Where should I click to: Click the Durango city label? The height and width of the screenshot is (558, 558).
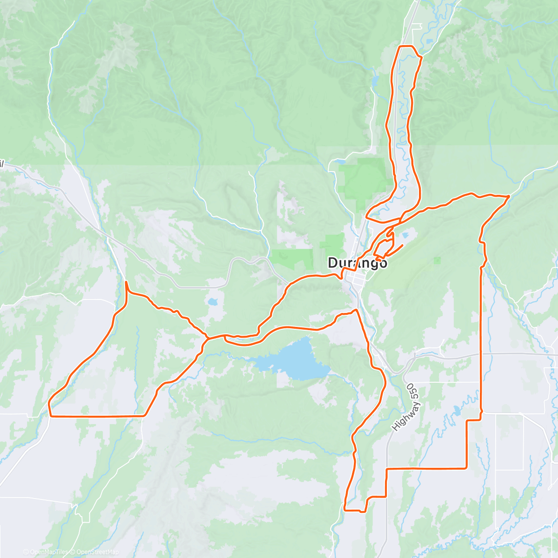(357, 263)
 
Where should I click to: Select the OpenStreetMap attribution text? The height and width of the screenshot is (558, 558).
(97, 552)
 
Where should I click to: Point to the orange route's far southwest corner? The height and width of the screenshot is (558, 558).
(50, 416)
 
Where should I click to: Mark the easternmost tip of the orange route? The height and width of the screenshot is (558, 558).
(509, 196)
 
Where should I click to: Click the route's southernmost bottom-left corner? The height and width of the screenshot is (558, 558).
(345, 510)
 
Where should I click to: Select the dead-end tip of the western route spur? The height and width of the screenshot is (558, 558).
(126, 282)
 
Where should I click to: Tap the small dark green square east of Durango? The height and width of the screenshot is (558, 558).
(436, 260)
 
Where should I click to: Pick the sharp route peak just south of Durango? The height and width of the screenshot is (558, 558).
(356, 310)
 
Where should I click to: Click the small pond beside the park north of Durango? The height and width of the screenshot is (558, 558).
(339, 162)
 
